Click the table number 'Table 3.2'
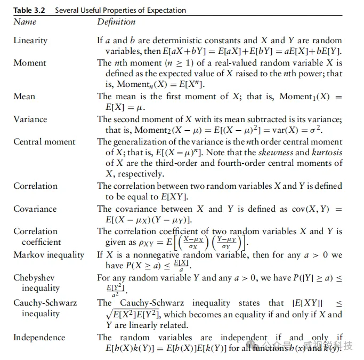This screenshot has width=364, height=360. [29, 10]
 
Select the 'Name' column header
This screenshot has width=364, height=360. [25, 22]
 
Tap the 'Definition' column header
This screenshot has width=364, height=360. [116, 22]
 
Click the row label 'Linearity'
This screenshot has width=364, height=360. [30, 41]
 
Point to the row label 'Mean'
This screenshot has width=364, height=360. [25, 97]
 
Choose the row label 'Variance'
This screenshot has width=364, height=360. [30, 119]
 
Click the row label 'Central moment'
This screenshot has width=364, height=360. [44, 141]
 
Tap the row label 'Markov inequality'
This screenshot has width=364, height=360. [48, 254]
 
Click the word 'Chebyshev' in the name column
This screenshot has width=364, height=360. [34, 278]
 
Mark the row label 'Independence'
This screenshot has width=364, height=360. [40, 338]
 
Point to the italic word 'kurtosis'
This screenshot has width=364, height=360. [326, 153]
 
